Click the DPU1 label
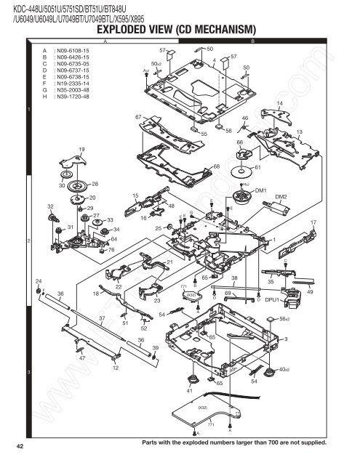[273, 299]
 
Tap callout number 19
[81, 150]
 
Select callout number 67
[137, 116]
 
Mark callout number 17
[313, 222]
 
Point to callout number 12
[116, 368]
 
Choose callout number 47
[82, 358]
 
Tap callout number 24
[38, 280]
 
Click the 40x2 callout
[284, 371]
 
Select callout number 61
[257, 167]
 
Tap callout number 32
[49, 207]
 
